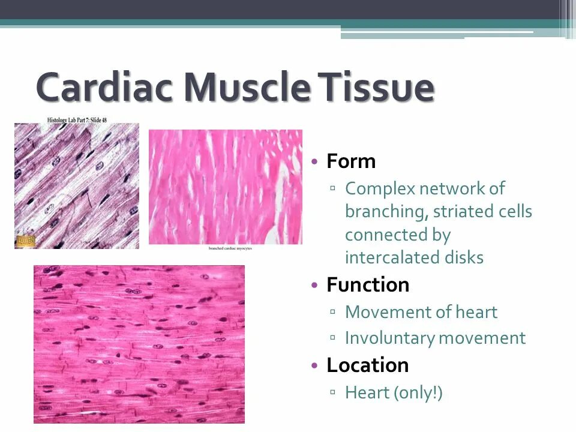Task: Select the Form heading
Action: tap(351, 161)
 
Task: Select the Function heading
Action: tap(368, 284)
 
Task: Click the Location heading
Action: tap(368, 365)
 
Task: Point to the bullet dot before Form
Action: tap(314, 162)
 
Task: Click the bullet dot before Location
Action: tap(314, 365)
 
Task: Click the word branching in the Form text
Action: tap(385, 212)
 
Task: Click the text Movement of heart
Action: tap(421, 312)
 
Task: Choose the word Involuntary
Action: tap(388, 338)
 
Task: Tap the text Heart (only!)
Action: tap(394, 392)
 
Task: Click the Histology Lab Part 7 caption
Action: tap(77, 120)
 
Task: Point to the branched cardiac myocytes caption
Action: tap(230, 248)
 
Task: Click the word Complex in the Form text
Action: tap(380, 188)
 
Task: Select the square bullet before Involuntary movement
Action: tap(333, 338)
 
